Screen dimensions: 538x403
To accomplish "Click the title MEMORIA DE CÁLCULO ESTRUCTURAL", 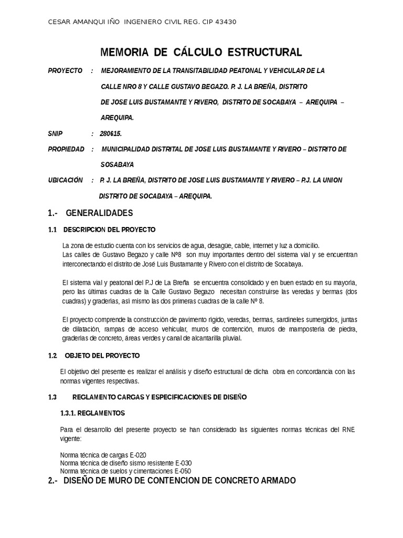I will (x=201, y=53).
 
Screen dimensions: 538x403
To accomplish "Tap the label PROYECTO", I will (x=65, y=71).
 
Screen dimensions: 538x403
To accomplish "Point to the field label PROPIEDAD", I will (x=66, y=149).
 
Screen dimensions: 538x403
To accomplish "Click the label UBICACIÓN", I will (x=66, y=180).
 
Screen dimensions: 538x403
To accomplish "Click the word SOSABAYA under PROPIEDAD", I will (x=118, y=164).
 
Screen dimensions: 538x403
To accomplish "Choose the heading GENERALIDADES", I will (x=99, y=213).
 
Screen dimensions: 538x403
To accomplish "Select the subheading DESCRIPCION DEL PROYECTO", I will (x=109, y=230).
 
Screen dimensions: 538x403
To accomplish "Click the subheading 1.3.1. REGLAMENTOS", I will (x=93, y=413).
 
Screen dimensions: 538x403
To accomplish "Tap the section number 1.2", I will (x=52, y=356).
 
